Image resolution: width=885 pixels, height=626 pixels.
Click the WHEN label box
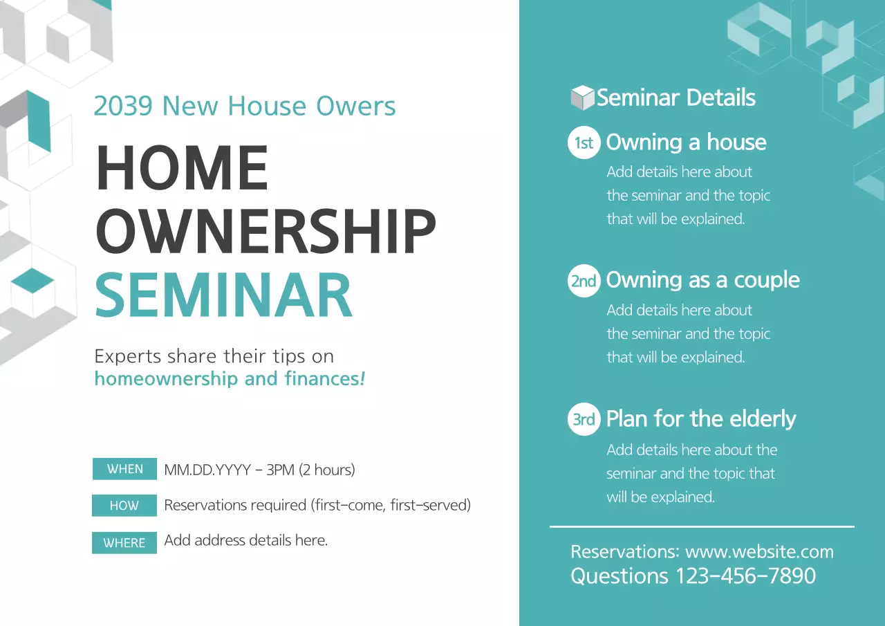click(x=124, y=469)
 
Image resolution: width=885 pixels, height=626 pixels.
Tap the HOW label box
click(x=124, y=506)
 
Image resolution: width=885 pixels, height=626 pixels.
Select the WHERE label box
click(x=124, y=543)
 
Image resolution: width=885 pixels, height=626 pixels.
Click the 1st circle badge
click(x=584, y=142)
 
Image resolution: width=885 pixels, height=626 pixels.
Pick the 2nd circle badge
click(x=584, y=281)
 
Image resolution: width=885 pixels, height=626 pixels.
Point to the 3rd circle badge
click(x=584, y=419)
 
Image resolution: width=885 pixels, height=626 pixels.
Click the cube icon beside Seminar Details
click(x=583, y=98)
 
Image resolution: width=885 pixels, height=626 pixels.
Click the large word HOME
click(x=182, y=168)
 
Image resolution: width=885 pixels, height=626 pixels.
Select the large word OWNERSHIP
click(x=265, y=230)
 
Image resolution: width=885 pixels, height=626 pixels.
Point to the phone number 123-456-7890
click(x=745, y=576)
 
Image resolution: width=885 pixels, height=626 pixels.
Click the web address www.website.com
click(x=759, y=552)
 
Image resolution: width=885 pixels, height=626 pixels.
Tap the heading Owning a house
click(x=686, y=142)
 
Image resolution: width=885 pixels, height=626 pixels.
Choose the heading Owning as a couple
click(x=702, y=280)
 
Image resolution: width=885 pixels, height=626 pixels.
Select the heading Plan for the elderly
click(x=700, y=419)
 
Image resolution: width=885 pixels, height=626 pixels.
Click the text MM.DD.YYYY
click(x=205, y=470)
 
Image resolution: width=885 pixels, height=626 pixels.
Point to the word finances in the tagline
click(x=323, y=379)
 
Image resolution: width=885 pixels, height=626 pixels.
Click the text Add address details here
click(x=245, y=541)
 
